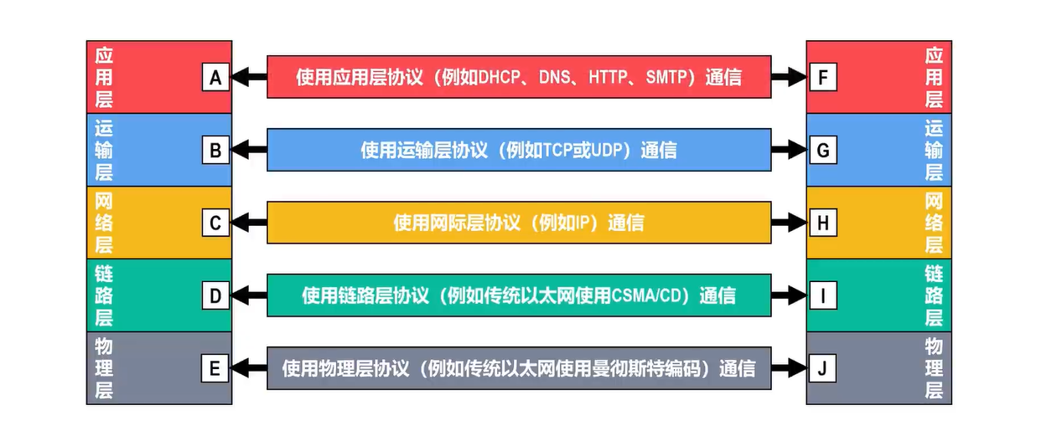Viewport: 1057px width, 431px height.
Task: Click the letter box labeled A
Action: pyautogui.click(x=215, y=78)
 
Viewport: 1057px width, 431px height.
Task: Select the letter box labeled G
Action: pyautogui.click(x=822, y=151)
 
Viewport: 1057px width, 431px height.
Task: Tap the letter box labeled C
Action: pyautogui.click(x=215, y=223)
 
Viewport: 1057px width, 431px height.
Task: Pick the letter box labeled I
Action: pyautogui.click(x=822, y=295)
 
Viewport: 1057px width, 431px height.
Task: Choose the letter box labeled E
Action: pyautogui.click(x=215, y=368)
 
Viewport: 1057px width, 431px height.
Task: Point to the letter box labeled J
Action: pyautogui.click(x=822, y=368)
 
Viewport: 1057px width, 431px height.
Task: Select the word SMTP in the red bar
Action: pyautogui.click(x=667, y=78)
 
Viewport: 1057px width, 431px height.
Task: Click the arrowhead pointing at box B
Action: pyautogui.click(x=240, y=151)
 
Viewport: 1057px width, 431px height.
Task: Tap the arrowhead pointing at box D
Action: pyautogui.click(x=240, y=295)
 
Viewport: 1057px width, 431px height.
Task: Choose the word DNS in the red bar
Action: pyautogui.click(x=555, y=78)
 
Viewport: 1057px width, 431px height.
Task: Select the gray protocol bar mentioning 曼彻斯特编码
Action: pyautogui.click(x=518, y=368)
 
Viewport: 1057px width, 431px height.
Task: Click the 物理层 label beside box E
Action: pyautogui.click(x=104, y=368)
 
